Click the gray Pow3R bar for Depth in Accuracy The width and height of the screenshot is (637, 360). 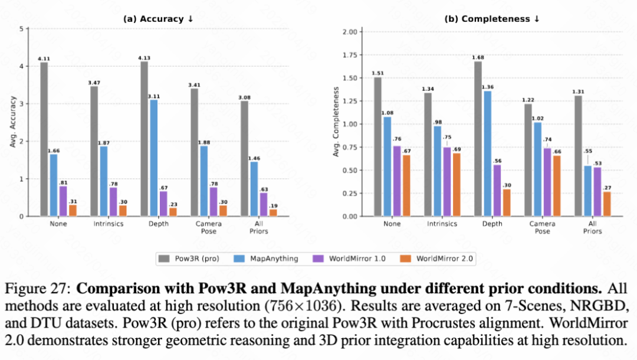click(x=145, y=139)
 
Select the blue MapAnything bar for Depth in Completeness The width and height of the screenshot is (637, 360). click(x=487, y=153)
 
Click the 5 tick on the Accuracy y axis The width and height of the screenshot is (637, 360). click(x=21, y=29)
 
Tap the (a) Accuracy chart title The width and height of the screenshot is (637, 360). click(x=158, y=18)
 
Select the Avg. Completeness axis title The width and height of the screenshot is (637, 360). click(x=336, y=122)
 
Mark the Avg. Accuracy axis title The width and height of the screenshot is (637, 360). click(x=12, y=122)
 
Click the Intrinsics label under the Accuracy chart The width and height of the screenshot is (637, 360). click(x=107, y=224)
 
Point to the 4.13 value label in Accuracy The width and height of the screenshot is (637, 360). click(x=144, y=57)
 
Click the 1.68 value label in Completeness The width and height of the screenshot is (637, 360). click(x=477, y=57)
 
